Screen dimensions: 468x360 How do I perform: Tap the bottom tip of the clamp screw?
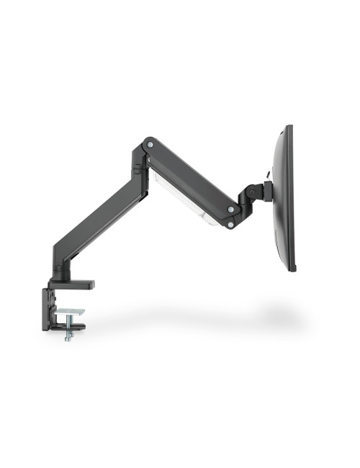[67, 339]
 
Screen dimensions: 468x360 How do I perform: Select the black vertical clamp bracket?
[48, 310]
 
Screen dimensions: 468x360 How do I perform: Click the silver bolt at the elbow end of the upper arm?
[150, 145]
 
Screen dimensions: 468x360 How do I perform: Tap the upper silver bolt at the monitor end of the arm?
[230, 209]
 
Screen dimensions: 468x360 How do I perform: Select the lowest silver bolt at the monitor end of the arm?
[229, 225]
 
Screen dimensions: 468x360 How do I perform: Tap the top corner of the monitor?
[289, 127]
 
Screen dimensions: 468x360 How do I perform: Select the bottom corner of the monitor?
[291, 269]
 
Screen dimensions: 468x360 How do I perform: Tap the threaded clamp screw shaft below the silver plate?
[67, 328]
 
